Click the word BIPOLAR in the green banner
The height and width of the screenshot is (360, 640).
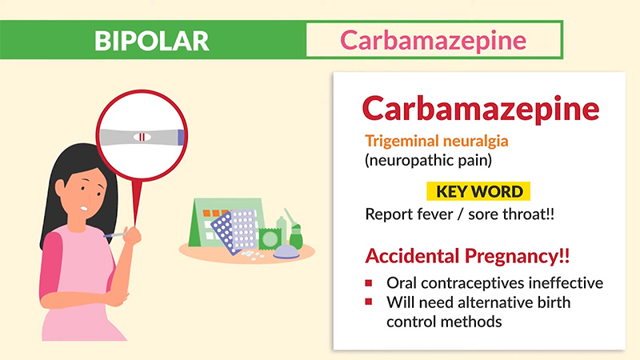152,41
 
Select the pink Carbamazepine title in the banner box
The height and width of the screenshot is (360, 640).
433,41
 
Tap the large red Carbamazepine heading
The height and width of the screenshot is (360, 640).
481,109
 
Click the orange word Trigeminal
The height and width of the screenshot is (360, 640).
402,142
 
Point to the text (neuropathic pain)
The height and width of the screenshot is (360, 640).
428,160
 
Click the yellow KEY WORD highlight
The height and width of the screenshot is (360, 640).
478,191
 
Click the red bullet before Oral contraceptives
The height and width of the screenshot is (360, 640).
369,282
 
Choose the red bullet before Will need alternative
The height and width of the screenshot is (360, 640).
369,302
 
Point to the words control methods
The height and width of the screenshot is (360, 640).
444,322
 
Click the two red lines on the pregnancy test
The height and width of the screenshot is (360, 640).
142,137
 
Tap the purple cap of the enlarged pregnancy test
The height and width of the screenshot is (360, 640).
181,137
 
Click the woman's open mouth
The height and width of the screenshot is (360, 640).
84,208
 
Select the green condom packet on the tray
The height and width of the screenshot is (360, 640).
270,239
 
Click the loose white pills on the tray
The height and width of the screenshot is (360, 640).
253,255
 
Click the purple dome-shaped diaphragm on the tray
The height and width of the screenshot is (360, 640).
286,252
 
